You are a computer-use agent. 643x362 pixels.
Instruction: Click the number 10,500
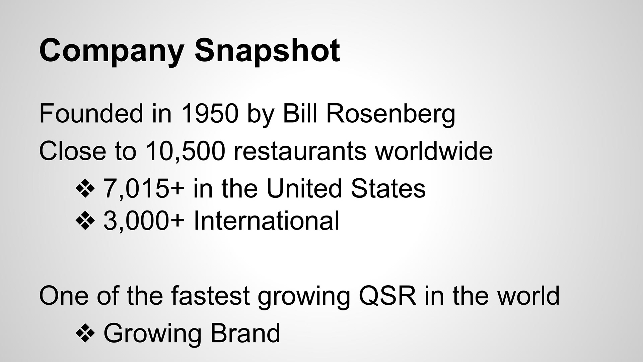tap(185, 151)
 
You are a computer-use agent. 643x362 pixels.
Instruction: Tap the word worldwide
tap(434, 150)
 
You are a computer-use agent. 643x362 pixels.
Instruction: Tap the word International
tap(267, 221)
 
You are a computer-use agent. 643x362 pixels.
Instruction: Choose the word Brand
tap(245, 333)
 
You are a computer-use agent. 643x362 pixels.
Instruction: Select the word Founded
tap(91, 114)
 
